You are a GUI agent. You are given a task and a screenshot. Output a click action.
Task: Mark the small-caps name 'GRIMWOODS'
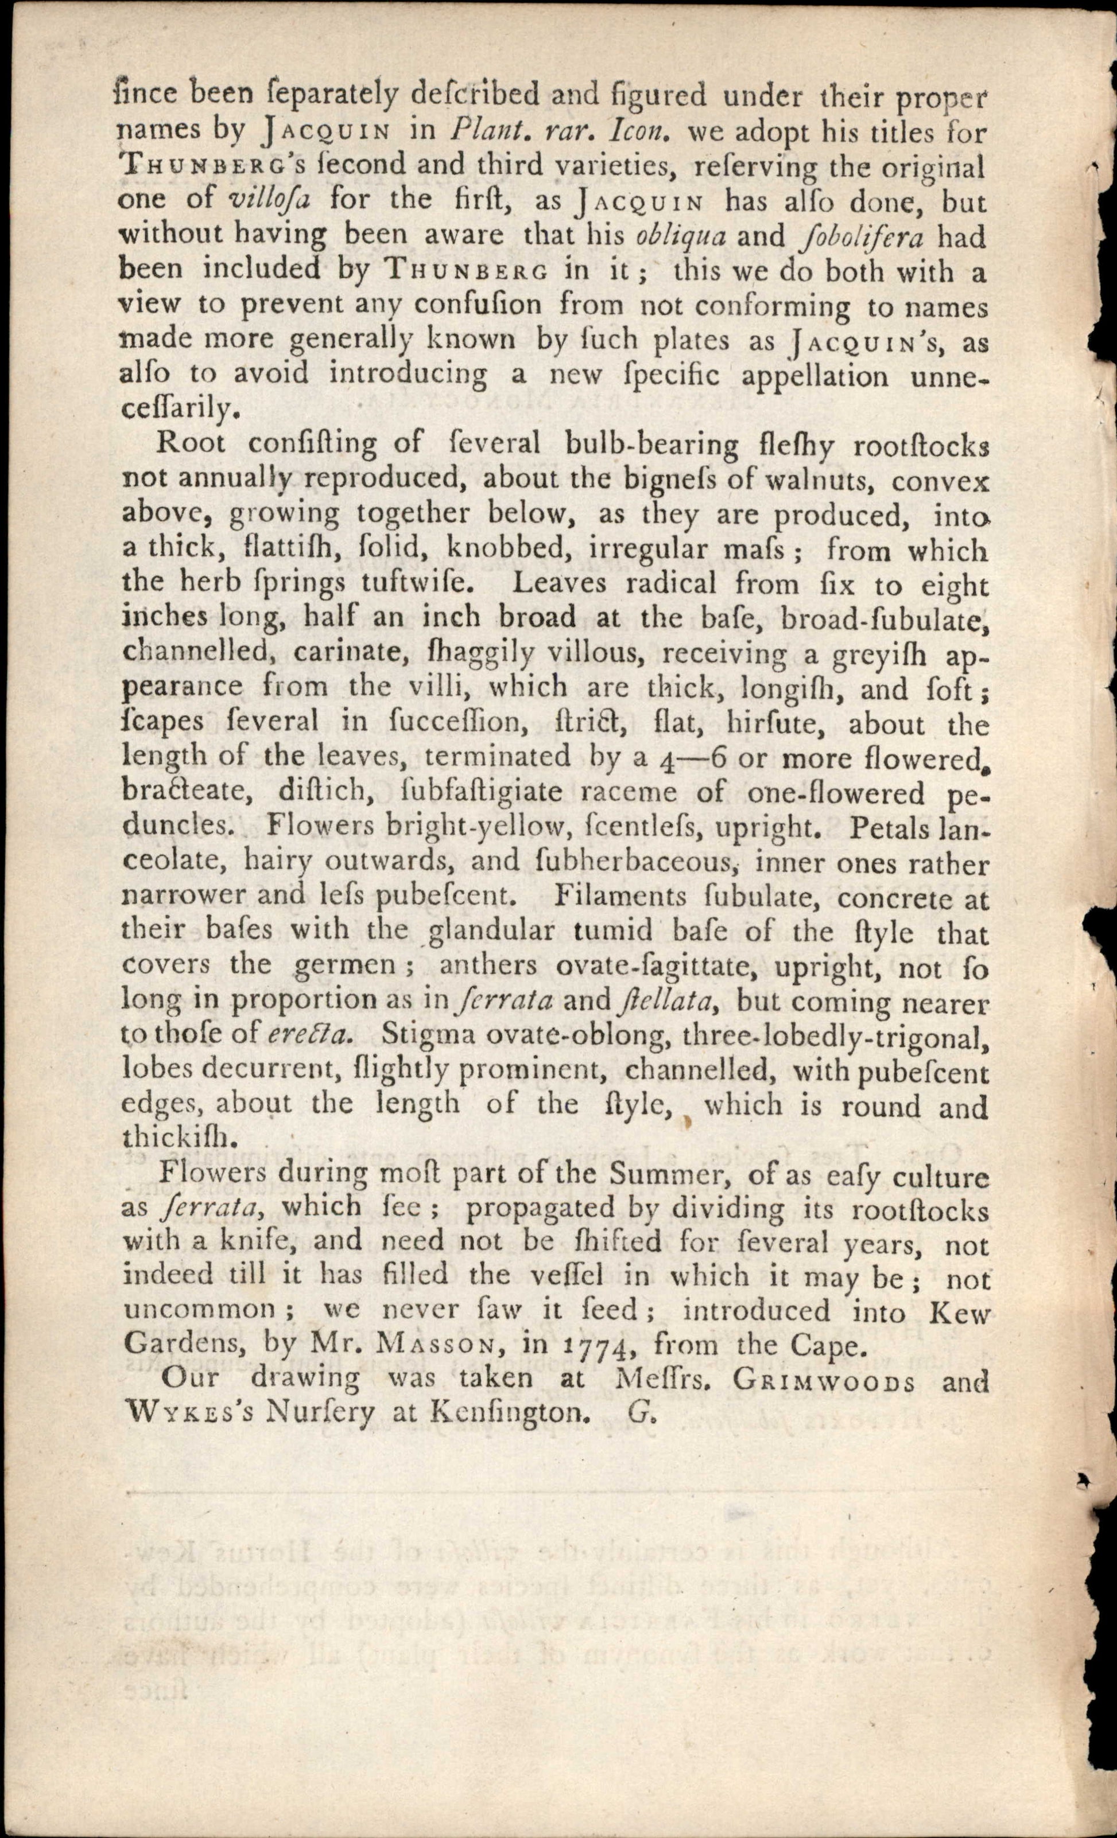pyautogui.click(x=824, y=1379)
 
